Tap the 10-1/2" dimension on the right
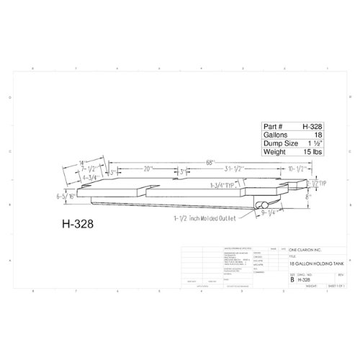click(x=297, y=170)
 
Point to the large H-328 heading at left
click(x=73, y=223)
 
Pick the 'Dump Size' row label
click(x=281, y=143)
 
